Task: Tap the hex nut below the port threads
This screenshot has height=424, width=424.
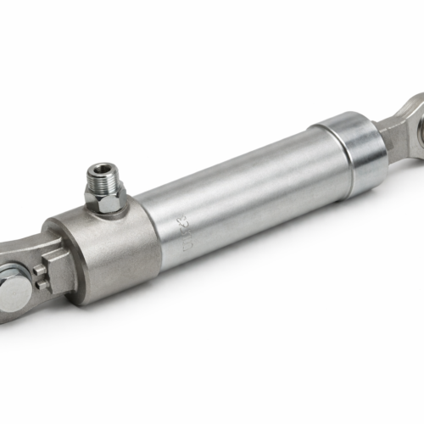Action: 105,198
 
